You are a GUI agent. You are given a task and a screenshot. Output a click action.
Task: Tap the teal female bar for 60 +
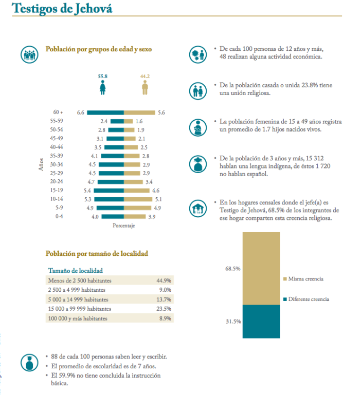[x=105, y=112]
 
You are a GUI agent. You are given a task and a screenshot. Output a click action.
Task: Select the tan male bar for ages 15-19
[x=136, y=191]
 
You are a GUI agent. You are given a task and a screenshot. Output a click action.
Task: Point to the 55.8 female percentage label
[x=103, y=76]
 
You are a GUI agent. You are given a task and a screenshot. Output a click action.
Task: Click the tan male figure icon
[x=146, y=88]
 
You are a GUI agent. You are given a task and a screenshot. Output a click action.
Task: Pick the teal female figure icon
[x=103, y=88]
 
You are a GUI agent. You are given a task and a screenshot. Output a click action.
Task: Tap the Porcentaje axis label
[x=124, y=226]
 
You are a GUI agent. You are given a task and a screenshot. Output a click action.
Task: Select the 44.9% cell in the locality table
[x=164, y=280]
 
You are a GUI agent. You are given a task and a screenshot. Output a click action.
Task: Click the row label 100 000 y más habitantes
[x=79, y=318]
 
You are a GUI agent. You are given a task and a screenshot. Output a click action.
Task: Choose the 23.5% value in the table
[x=164, y=309]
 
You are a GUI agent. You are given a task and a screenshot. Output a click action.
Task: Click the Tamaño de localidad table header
[x=75, y=270]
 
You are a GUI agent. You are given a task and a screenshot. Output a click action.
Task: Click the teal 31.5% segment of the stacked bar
[x=261, y=321]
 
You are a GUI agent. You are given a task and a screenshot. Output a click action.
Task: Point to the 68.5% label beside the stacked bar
[x=233, y=268]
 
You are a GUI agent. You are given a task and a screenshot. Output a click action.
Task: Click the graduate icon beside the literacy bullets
[x=30, y=362]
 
